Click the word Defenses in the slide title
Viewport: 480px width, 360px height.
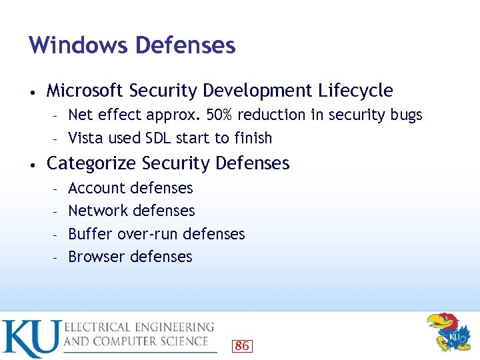point(185,45)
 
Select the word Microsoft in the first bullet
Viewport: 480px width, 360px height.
point(85,90)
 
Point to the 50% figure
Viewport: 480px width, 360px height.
point(220,115)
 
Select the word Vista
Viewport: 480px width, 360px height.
point(85,138)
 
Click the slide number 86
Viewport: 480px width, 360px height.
point(242,345)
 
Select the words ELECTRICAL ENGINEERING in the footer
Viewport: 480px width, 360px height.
point(139,327)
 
